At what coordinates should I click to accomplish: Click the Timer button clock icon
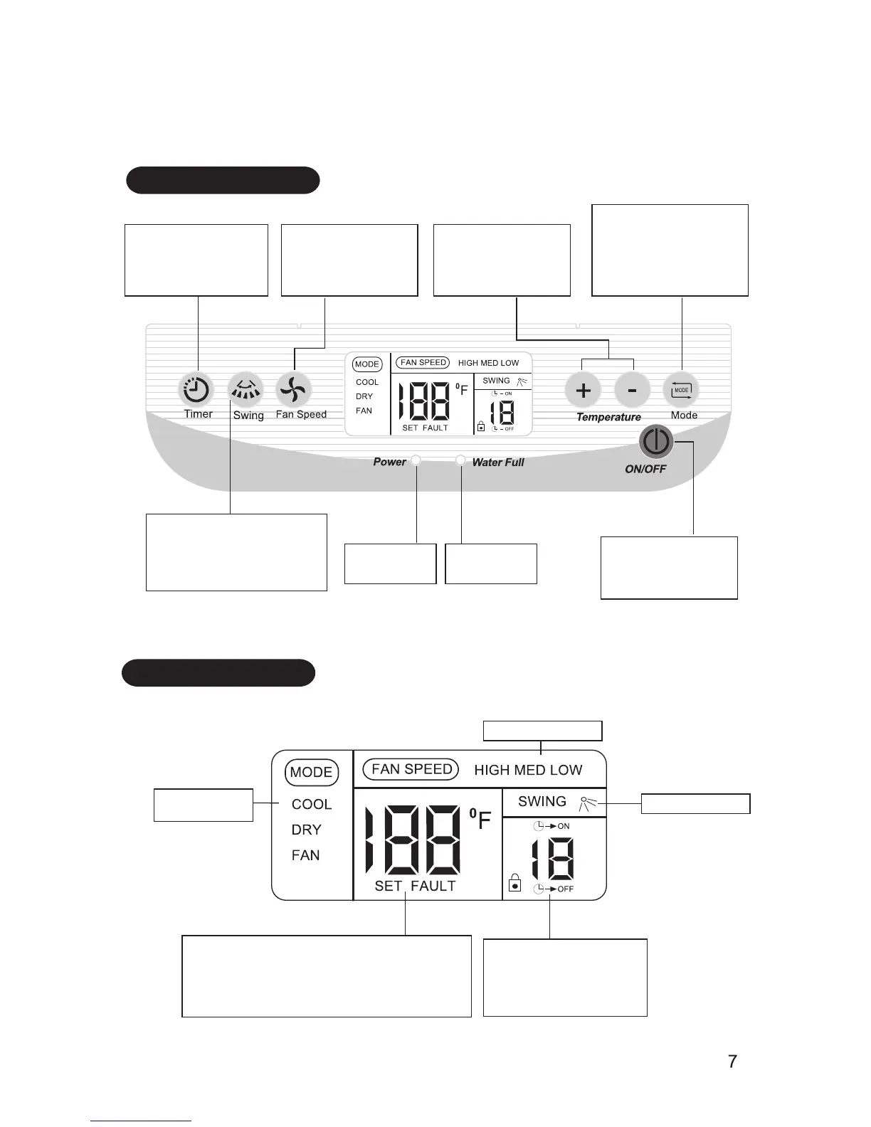tap(196, 390)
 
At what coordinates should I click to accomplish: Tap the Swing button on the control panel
tap(245, 389)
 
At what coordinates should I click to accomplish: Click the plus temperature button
tap(583, 390)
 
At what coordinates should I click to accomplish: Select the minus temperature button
tap(632, 390)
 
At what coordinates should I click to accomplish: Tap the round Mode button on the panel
tap(681, 390)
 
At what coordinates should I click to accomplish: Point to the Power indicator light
tap(416, 460)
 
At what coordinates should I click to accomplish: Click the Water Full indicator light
tap(461, 460)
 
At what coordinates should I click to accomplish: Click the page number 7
tap(732, 1062)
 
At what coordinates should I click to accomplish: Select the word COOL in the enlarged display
tap(312, 804)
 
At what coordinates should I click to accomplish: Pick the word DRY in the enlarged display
tap(307, 830)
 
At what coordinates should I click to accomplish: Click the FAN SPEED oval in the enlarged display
tap(411, 769)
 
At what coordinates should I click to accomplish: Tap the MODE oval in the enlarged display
tap(312, 772)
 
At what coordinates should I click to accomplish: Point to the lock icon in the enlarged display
tap(515, 884)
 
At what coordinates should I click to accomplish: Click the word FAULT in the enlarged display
tap(433, 886)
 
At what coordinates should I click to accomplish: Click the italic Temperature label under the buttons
tap(608, 417)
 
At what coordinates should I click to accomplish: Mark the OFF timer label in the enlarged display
tap(565, 889)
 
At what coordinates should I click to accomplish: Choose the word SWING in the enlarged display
tap(542, 801)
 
